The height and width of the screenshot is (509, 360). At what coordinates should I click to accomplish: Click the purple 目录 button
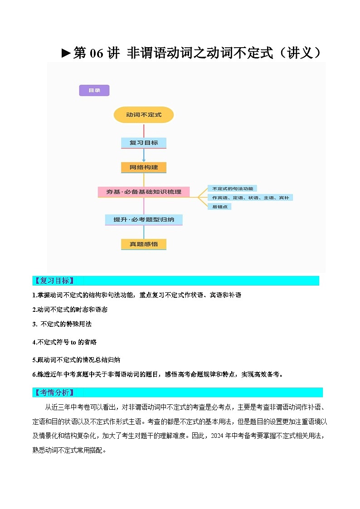[94, 91]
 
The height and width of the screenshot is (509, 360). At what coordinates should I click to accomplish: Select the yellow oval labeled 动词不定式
[144, 115]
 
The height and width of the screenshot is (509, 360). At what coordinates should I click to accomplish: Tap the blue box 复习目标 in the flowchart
[144, 143]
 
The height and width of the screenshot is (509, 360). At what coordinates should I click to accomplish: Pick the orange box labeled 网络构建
[144, 167]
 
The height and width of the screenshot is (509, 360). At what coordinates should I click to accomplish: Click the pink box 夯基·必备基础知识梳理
[144, 192]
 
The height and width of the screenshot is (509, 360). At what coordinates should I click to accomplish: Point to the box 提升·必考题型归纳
[144, 220]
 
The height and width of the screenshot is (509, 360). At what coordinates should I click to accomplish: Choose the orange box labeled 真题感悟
[144, 244]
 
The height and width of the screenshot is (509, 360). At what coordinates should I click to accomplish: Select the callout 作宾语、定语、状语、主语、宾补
[250, 198]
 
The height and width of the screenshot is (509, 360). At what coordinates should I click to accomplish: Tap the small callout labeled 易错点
[219, 207]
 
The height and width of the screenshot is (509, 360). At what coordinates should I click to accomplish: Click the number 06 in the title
[97, 53]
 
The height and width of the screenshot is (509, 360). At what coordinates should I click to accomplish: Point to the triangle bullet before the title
[66, 53]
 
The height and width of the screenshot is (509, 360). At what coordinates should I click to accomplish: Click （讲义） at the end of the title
[300, 53]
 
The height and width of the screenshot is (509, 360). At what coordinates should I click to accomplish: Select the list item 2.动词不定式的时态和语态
[70, 310]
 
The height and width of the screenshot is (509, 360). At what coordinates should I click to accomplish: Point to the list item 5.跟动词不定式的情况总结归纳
[76, 360]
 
